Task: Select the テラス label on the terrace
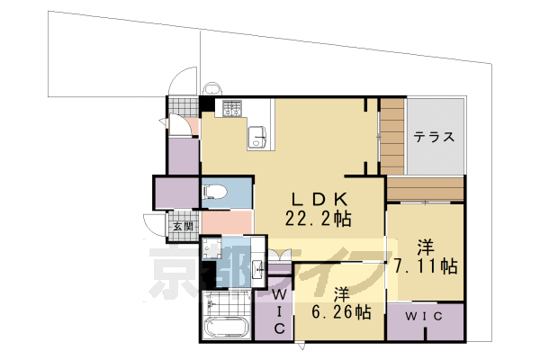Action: point(434,138)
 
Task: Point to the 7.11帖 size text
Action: point(426,266)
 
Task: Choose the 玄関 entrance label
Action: point(183,225)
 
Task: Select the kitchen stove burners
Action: point(232,109)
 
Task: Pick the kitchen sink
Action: point(256,136)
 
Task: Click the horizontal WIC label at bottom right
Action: point(422,317)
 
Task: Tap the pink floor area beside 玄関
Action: point(226,221)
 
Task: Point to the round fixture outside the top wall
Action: point(212,89)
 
